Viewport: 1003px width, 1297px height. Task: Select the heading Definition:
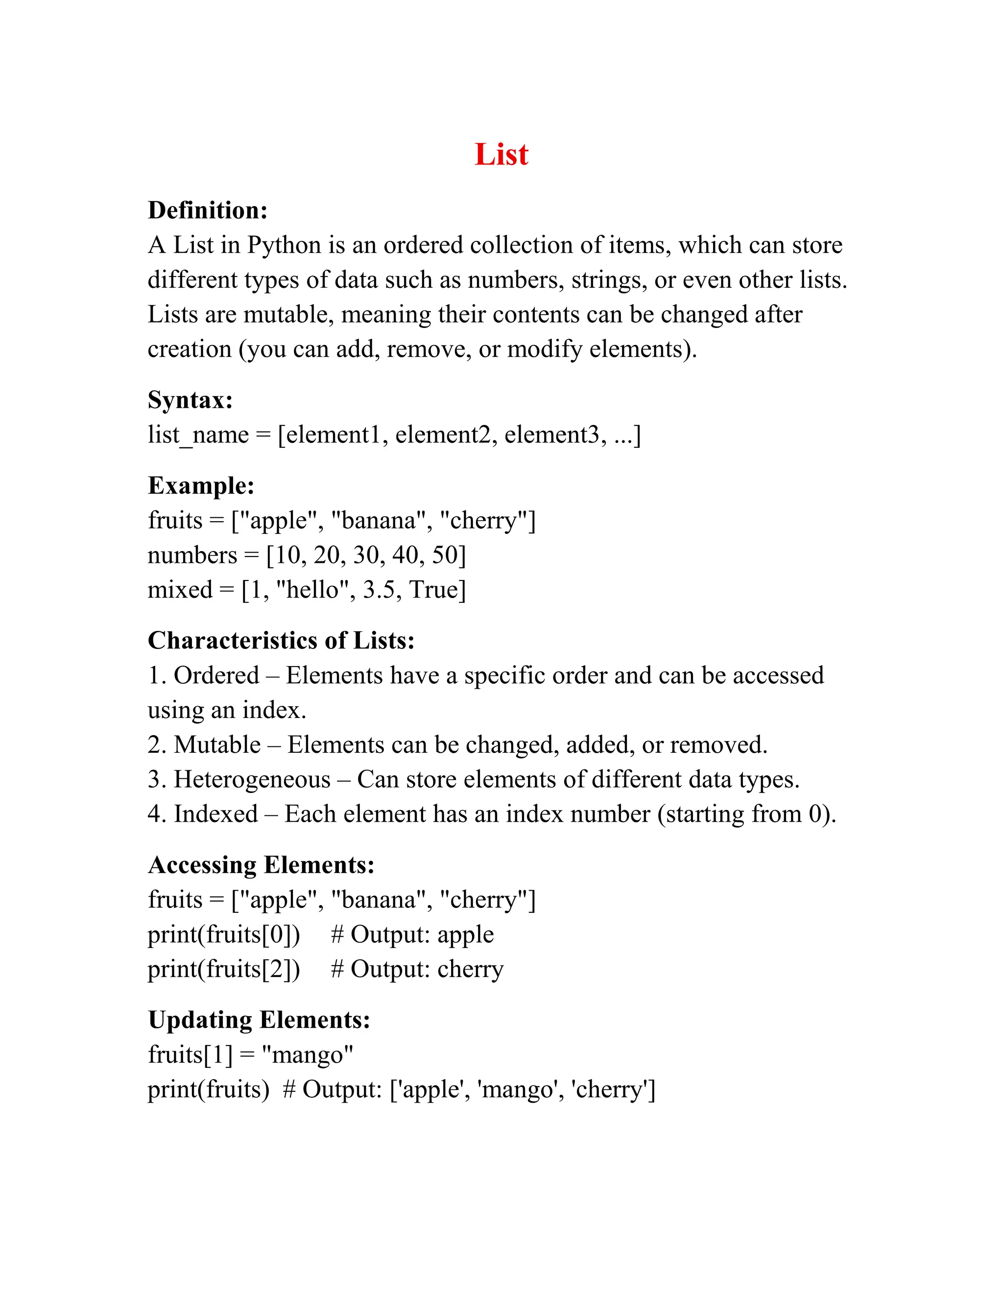pos(207,210)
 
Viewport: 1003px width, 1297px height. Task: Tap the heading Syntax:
pos(190,400)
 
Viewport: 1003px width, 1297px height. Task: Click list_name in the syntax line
pos(198,435)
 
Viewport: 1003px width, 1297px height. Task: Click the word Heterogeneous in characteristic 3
pos(252,780)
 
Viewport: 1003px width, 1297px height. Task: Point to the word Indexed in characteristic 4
pos(215,814)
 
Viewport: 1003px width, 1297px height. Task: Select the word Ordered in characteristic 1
pos(216,676)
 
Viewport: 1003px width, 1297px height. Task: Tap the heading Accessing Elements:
pos(262,865)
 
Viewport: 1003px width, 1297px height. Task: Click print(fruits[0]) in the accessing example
pos(224,935)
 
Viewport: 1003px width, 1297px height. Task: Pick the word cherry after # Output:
pos(470,969)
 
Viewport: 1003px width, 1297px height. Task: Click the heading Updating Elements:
pos(259,1020)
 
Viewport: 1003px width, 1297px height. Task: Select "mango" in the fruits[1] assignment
pos(307,1055)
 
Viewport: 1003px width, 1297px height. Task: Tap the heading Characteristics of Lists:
pos(281,641)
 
